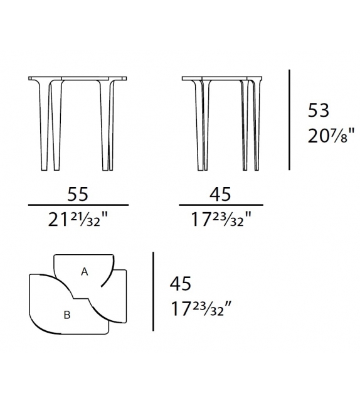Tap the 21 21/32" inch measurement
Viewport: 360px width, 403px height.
[x=78, y=219]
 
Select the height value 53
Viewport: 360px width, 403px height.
[x=317, y=111]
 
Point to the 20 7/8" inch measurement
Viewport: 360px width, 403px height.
[x=331, y=135]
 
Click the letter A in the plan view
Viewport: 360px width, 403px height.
[x=85, y=271]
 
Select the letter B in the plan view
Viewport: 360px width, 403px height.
[x=66, y=315]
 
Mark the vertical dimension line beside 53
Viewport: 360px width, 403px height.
[x=289, y=119]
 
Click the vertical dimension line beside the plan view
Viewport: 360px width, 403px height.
[x=154, y=292]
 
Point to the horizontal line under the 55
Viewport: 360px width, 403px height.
[x=78, y=205]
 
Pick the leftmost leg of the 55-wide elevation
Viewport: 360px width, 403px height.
[x=40, y=126]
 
